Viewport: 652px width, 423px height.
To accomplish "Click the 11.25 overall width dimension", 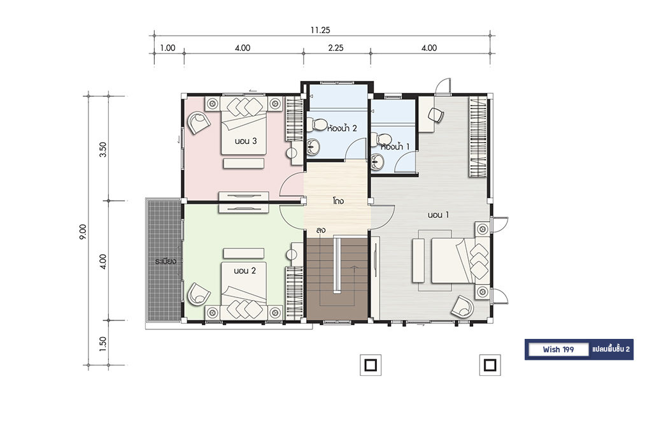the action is coord(320,30).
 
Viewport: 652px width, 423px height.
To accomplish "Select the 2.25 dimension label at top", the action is coord(336,48).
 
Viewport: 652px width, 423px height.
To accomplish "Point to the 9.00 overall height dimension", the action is coord(83,232).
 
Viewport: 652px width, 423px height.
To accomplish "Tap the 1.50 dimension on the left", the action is coord(103,343).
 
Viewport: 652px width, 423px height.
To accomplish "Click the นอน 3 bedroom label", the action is coord(245,141).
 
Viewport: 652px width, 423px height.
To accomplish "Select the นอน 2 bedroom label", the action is coord(244,271).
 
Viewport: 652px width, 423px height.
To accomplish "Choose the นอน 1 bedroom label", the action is coord(438,215).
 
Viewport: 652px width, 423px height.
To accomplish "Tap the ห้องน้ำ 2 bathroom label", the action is coord(342,127).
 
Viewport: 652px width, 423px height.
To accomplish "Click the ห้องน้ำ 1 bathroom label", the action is coord(395,147).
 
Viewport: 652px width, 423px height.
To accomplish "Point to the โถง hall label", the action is coord(338,201).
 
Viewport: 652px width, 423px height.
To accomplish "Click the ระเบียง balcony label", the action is coord(166,261).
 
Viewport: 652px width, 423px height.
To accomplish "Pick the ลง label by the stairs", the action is coord(320,230).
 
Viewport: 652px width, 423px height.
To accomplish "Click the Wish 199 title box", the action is coord(558,349).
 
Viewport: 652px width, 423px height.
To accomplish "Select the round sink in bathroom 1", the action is coord(377,161).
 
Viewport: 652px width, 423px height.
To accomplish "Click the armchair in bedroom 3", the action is coord(199,123).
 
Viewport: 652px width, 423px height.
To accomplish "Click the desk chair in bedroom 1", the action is coord(435,115).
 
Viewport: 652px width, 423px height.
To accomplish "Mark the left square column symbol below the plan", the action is coord(371,365).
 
